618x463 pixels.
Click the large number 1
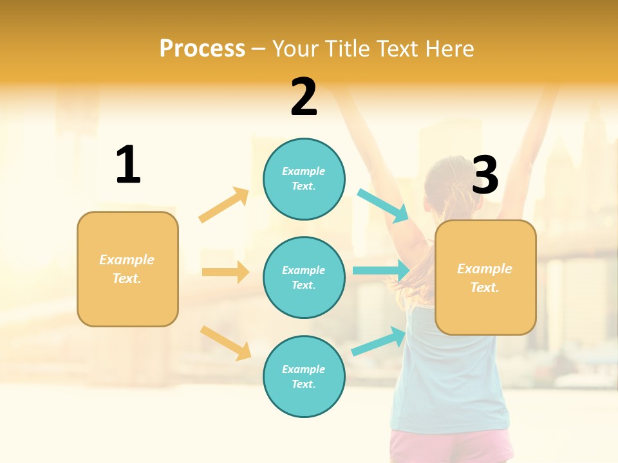click(x=128, y=165)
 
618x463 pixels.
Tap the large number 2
click(x=304, y=97)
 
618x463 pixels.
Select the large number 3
click(x=485, y=176)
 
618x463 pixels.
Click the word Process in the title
click(x=202, y=48)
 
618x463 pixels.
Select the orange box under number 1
click(x=127, y=269)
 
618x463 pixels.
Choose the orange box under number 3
click(x=485, y=277)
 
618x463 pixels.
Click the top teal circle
click(x=304, y=179)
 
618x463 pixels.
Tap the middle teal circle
click(x=304, y=277)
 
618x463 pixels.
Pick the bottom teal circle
click(x=304, y=376)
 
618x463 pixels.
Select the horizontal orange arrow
click(x=225, y=272)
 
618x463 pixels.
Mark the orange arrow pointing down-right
click(x=225, y=343)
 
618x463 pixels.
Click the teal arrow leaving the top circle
click(x=383, y=206)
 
